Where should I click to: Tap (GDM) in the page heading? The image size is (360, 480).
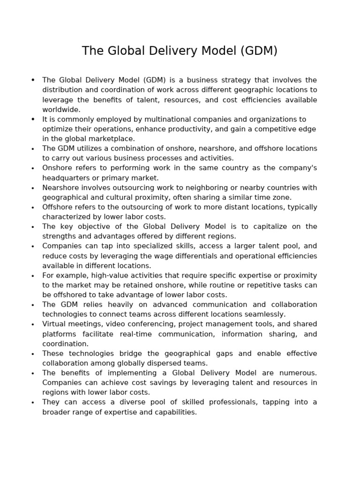(259, 51)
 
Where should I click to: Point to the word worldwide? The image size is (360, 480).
(61, 110)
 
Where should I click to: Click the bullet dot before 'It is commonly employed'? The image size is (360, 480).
(33, 120)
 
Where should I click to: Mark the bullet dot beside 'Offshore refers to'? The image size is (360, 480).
(33, 208)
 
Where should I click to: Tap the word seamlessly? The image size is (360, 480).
(263, 315)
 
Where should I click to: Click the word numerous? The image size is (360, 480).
(299, 373)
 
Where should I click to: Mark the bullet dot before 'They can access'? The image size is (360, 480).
(33, 403)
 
